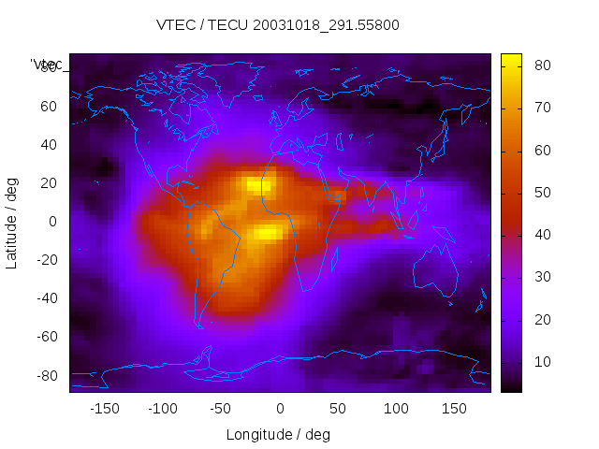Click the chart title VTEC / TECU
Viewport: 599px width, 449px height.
[278, 25]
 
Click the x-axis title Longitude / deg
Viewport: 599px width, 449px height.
[278, 434]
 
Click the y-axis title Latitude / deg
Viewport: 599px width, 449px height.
[12, 222]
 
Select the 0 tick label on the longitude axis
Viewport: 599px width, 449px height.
[280, 408]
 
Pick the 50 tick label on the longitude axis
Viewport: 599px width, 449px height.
[338, 408]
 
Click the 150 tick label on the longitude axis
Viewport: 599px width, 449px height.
[454, 408]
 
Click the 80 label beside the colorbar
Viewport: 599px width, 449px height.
[541, 65]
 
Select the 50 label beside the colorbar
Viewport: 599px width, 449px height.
[541, 193]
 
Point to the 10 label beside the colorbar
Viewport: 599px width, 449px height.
[541, 362]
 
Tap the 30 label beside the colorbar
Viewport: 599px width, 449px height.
[541, 277]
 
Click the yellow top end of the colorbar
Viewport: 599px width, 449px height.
[511, 59]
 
